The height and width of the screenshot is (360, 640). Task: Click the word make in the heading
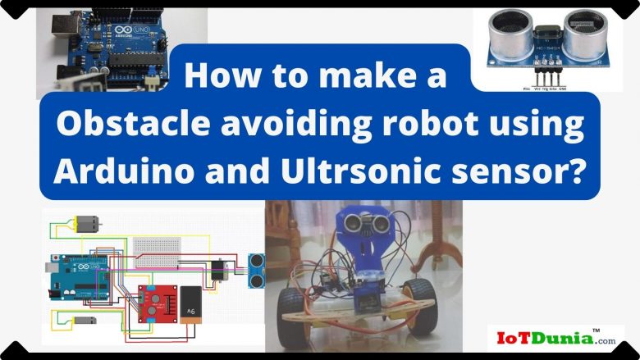click(344, 76)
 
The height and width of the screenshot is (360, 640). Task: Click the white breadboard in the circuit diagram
click(160, 247)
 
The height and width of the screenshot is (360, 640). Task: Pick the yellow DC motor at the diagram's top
click(86, 223)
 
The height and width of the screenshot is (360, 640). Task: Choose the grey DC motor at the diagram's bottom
click(85, 320)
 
